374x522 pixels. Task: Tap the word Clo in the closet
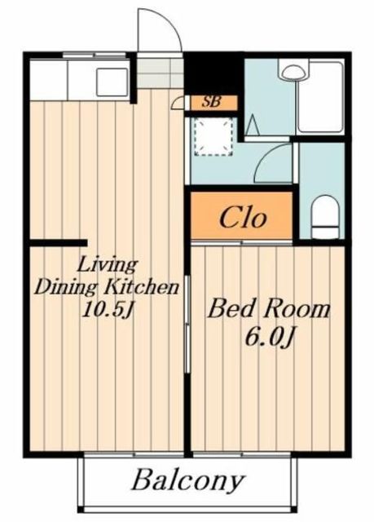tap(243, 218)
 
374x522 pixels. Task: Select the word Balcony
tap(188, 481)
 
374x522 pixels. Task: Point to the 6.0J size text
tap(270, 336)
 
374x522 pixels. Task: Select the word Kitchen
tap(142, 287)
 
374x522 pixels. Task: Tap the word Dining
tap(67, 288)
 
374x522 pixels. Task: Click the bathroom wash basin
tap(293, 71)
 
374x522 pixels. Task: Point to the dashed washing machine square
tap(213, 136)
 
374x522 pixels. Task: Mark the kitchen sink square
tap(112, 82)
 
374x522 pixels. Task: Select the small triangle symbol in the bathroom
tap(253, 125)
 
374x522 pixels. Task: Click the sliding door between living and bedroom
tap(187, 325)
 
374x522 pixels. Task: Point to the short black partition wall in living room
tap(59, 243)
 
